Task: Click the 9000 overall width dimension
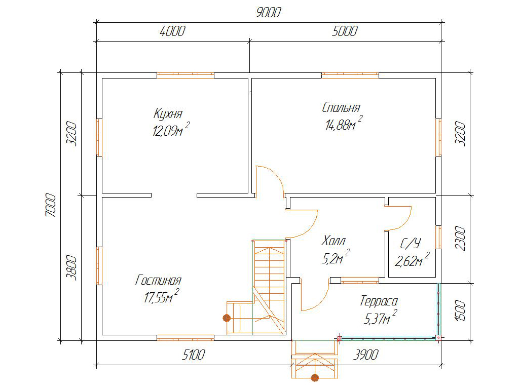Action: point(269,13)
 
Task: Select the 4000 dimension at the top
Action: point(172,31)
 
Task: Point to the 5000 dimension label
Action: point(345,31)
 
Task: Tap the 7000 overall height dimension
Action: point(51,205)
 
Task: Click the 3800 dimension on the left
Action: point(71,267)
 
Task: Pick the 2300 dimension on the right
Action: point(460,239)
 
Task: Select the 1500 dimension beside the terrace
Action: point(460,310)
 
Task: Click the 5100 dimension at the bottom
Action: point(193,355)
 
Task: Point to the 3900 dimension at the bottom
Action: point(366,355)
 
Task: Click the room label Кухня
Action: point(168,113)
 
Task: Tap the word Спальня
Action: point(341,107)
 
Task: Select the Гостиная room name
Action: point(159,280)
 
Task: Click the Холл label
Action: point(333,241)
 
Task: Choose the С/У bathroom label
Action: point(411,244)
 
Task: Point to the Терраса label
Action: point(379,301)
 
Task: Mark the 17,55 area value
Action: point(155,298)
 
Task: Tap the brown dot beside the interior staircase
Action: point(227,318)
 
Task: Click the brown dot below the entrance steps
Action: point(315,377)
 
